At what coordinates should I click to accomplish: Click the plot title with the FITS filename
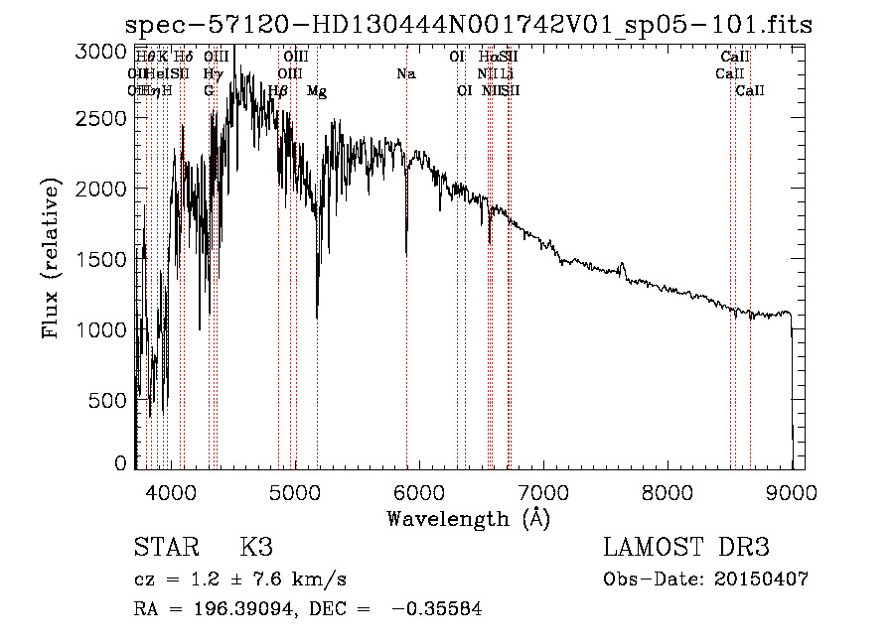469,25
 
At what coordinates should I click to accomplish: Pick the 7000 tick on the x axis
542,491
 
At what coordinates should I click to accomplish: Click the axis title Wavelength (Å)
468,517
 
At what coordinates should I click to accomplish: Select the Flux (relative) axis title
51,259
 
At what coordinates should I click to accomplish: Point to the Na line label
405,74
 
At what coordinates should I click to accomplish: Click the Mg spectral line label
317,91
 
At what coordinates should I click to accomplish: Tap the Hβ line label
279,91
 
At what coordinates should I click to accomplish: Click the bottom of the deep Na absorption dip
406,254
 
